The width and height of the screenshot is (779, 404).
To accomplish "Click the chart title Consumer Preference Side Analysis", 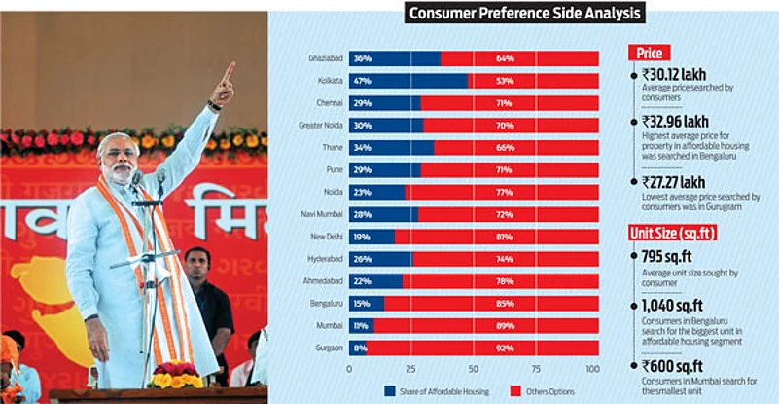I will tap(525, 13).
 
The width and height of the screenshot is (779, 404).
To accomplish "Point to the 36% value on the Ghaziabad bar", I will tap(362, 59).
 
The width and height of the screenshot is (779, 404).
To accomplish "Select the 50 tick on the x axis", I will tap(473, 370).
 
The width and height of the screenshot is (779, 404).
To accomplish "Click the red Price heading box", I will tap(650, 53).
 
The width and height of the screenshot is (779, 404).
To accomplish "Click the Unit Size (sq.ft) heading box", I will tap(677, 232).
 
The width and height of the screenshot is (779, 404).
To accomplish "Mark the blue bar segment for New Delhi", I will tap(372, 237).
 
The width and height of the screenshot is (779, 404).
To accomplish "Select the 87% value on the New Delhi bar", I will tap(505, 237).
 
